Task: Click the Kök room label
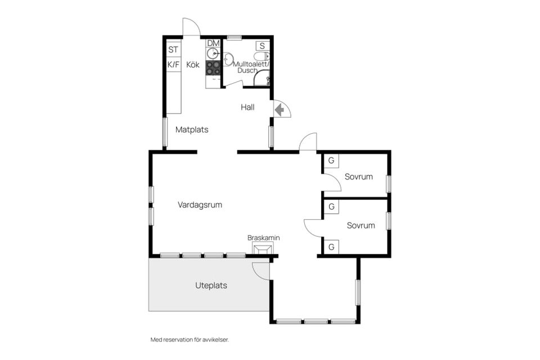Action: pos(193,65)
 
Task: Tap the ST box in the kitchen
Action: pos(173,49)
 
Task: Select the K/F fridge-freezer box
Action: pos(173,65)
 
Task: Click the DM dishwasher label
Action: pos(214,43)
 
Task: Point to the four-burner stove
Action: pos(213,68)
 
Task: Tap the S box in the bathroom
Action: pos(263,46)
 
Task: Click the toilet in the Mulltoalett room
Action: pos(262,56)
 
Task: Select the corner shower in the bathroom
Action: pos(262,78)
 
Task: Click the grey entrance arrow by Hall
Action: pos(280,110)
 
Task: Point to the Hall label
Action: pos(247,107)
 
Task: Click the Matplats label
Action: pos(192,130)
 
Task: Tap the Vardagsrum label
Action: pos(200,205)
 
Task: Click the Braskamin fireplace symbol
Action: pos(263,248)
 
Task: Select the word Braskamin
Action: pos(263,238)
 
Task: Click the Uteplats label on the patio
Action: pos(211,286)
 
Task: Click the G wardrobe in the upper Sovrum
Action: pos(331,160)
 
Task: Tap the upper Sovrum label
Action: pos(358,177)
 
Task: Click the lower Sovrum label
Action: pos(361,226)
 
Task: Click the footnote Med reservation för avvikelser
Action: pos(190,340)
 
